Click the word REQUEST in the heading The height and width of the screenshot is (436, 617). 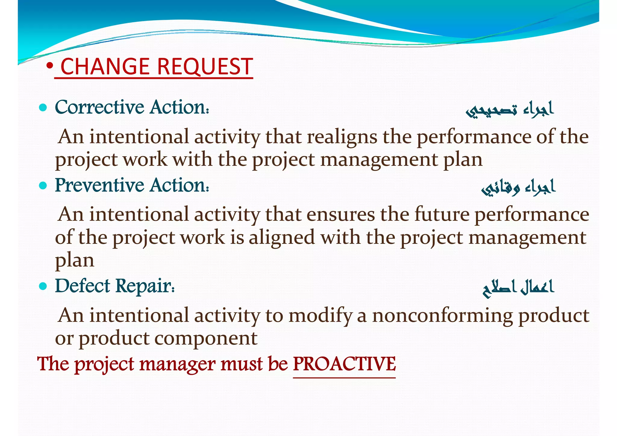(205, 67)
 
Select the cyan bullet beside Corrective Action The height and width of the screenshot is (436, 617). (43, 107)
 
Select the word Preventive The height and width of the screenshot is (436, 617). (99, 185)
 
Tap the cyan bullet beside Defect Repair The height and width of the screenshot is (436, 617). (43, 286)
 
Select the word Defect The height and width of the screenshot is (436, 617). (82, 286)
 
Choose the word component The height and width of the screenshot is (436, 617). (206, 338)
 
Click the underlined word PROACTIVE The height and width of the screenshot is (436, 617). (344, 364)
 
